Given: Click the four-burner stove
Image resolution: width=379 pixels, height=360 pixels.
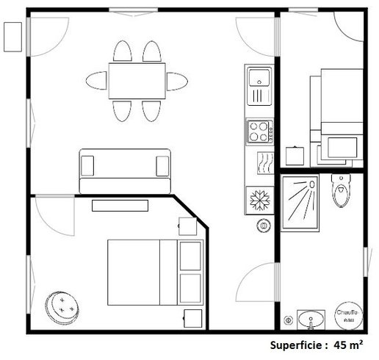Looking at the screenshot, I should pos(259,132).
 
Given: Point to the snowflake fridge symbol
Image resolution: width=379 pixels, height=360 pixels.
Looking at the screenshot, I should pos(259,201).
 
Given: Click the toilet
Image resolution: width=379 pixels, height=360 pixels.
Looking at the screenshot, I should pos(341,191).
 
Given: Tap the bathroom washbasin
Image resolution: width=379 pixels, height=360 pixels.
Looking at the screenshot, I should pos(311,321).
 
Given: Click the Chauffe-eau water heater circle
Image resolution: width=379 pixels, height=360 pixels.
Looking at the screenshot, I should pos(350,317).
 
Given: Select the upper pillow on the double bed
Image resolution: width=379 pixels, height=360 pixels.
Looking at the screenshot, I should pos(190,255).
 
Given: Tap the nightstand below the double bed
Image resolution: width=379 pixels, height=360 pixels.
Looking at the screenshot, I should pos(191,318).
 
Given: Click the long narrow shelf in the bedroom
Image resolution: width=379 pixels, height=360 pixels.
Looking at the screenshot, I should pos(119,206).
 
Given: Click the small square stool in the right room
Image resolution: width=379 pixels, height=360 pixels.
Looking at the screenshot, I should pos(295,155).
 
